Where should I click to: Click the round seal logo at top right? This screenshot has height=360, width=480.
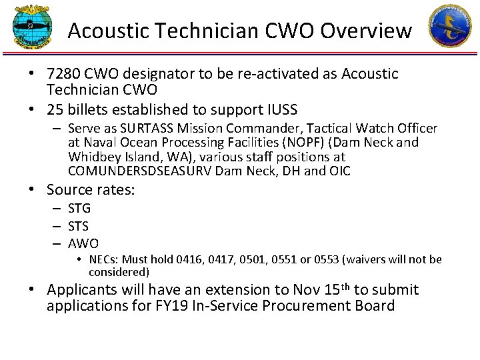(x=449, y=26)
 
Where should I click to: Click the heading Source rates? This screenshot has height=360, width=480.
(x=91, y=190)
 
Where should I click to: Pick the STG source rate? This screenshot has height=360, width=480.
(x=79, y=209)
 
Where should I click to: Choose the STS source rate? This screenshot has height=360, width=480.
(x=79, y=226)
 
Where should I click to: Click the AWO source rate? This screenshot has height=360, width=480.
(x=83, y=243)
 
